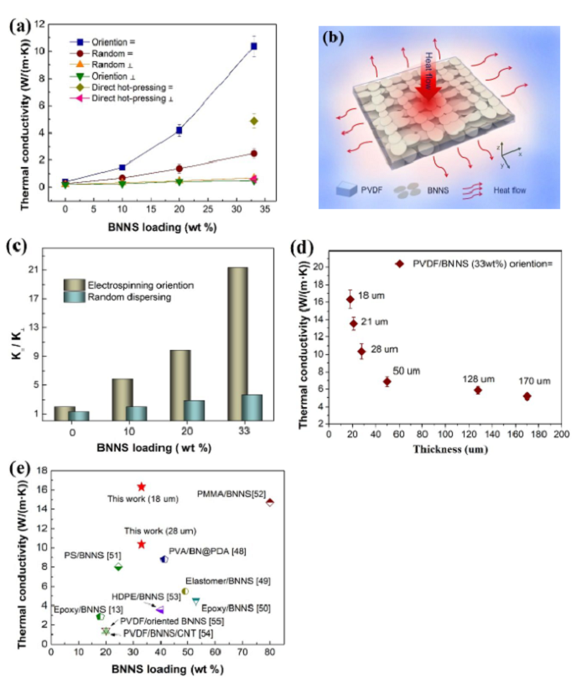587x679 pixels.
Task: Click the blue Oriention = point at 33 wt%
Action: tap(254, 46)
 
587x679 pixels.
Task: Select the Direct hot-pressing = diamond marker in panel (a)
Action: tap(254, 121)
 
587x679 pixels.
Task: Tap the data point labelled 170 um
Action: tap(527, 396)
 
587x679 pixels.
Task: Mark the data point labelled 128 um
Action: tap(478, 390)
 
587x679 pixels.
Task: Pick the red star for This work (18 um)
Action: tap(142, 487)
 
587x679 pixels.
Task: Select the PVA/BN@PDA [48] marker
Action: tap(164, 559)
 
